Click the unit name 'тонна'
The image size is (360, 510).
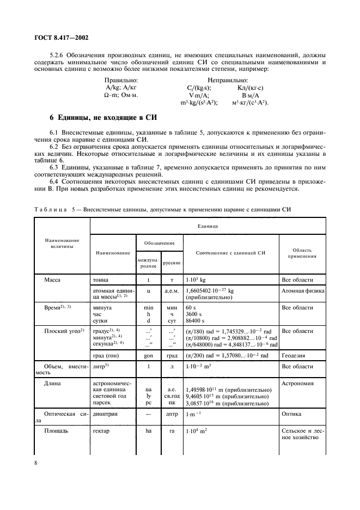[x=102, y=280]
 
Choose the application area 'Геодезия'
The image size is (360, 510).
[x=293, y=355]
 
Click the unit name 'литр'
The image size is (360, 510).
[x=102, y=367]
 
